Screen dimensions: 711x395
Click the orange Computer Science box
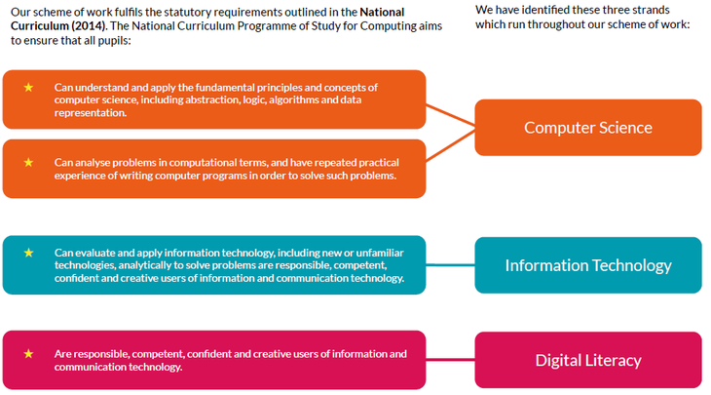click(x=588, y=128)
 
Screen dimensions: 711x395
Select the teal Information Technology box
click(x=588, y=265)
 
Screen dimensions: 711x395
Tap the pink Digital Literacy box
click(x=588, y=360)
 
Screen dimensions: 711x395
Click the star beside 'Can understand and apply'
click(x=28, y=87)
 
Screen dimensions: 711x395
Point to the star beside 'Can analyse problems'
click(x=28, y=162)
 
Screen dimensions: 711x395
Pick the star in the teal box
click(x=28, y=253)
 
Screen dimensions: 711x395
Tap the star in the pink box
click(x=28, y=354)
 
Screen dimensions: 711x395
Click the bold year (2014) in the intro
click(x=88, y=26)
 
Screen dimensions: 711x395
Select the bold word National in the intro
click(x=382, y=12)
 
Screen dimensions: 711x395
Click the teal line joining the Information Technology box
click(x=450, y=264)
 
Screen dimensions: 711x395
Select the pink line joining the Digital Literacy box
click(x=450, y=360)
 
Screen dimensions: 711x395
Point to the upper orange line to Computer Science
click(x=450, y=115)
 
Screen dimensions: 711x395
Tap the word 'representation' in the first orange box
click(x=91, y=113)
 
